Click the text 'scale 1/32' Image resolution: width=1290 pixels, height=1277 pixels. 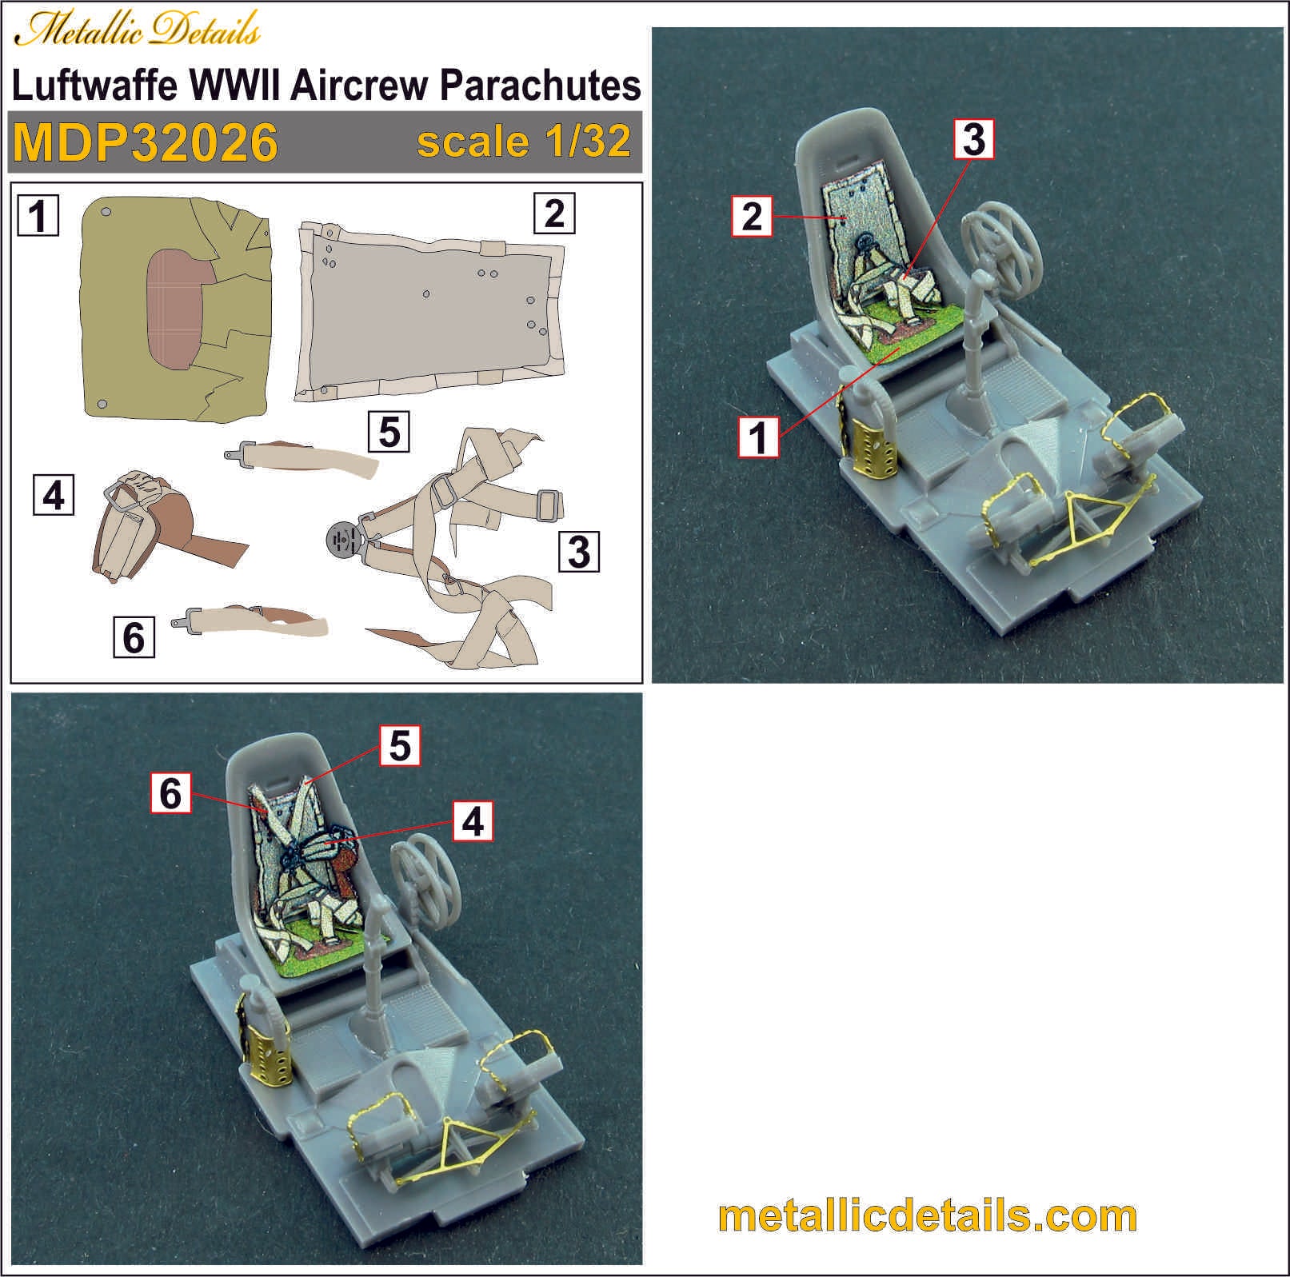click(524, 142)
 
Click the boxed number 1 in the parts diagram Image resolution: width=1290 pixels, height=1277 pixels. click(38, 216)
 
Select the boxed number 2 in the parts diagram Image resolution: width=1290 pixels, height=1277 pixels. click(554, 213)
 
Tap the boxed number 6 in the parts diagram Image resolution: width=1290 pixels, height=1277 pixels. click(134, 637)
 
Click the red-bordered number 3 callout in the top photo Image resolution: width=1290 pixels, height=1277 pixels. click(974, 139)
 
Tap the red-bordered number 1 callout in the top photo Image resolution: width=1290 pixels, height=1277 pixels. click(757, 437)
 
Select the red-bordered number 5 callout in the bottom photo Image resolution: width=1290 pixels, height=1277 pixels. click(400, 745)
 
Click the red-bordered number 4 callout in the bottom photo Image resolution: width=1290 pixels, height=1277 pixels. click(473, 821)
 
